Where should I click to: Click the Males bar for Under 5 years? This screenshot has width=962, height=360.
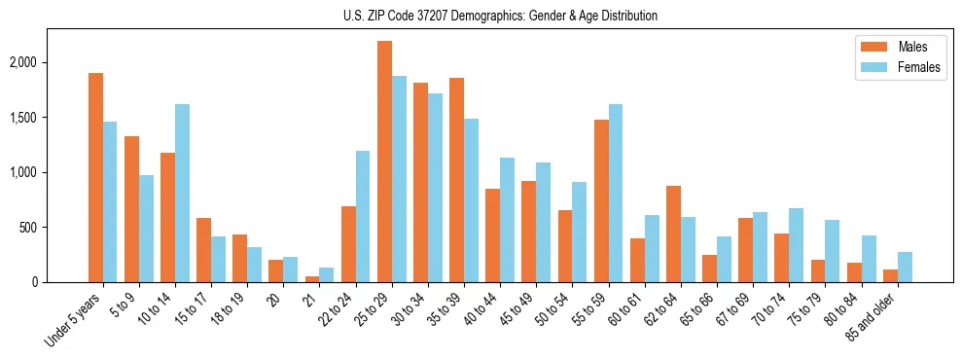(x=95, y=178)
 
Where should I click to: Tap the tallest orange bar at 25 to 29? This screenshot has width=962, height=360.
(x=384, y=162)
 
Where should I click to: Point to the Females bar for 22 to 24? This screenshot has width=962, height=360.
(x=363, y=217)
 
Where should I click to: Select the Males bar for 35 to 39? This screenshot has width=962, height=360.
(x=456, y=180)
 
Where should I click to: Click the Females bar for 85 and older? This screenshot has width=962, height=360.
(x=905, y=268)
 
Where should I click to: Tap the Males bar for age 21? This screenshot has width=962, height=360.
(x=312, y=279)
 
